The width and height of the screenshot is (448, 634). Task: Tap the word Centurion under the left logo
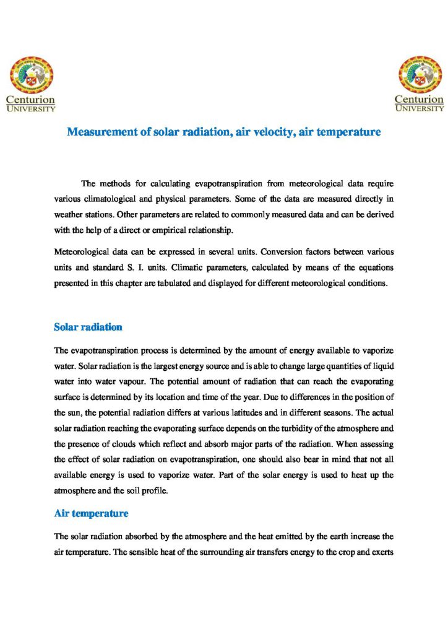pyautogui.click(x=30, y=99)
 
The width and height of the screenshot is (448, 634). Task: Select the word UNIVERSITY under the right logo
pyautogui.click(x=420, y=108)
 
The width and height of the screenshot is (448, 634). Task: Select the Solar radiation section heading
pyautogui.click(x=88, y=326)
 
